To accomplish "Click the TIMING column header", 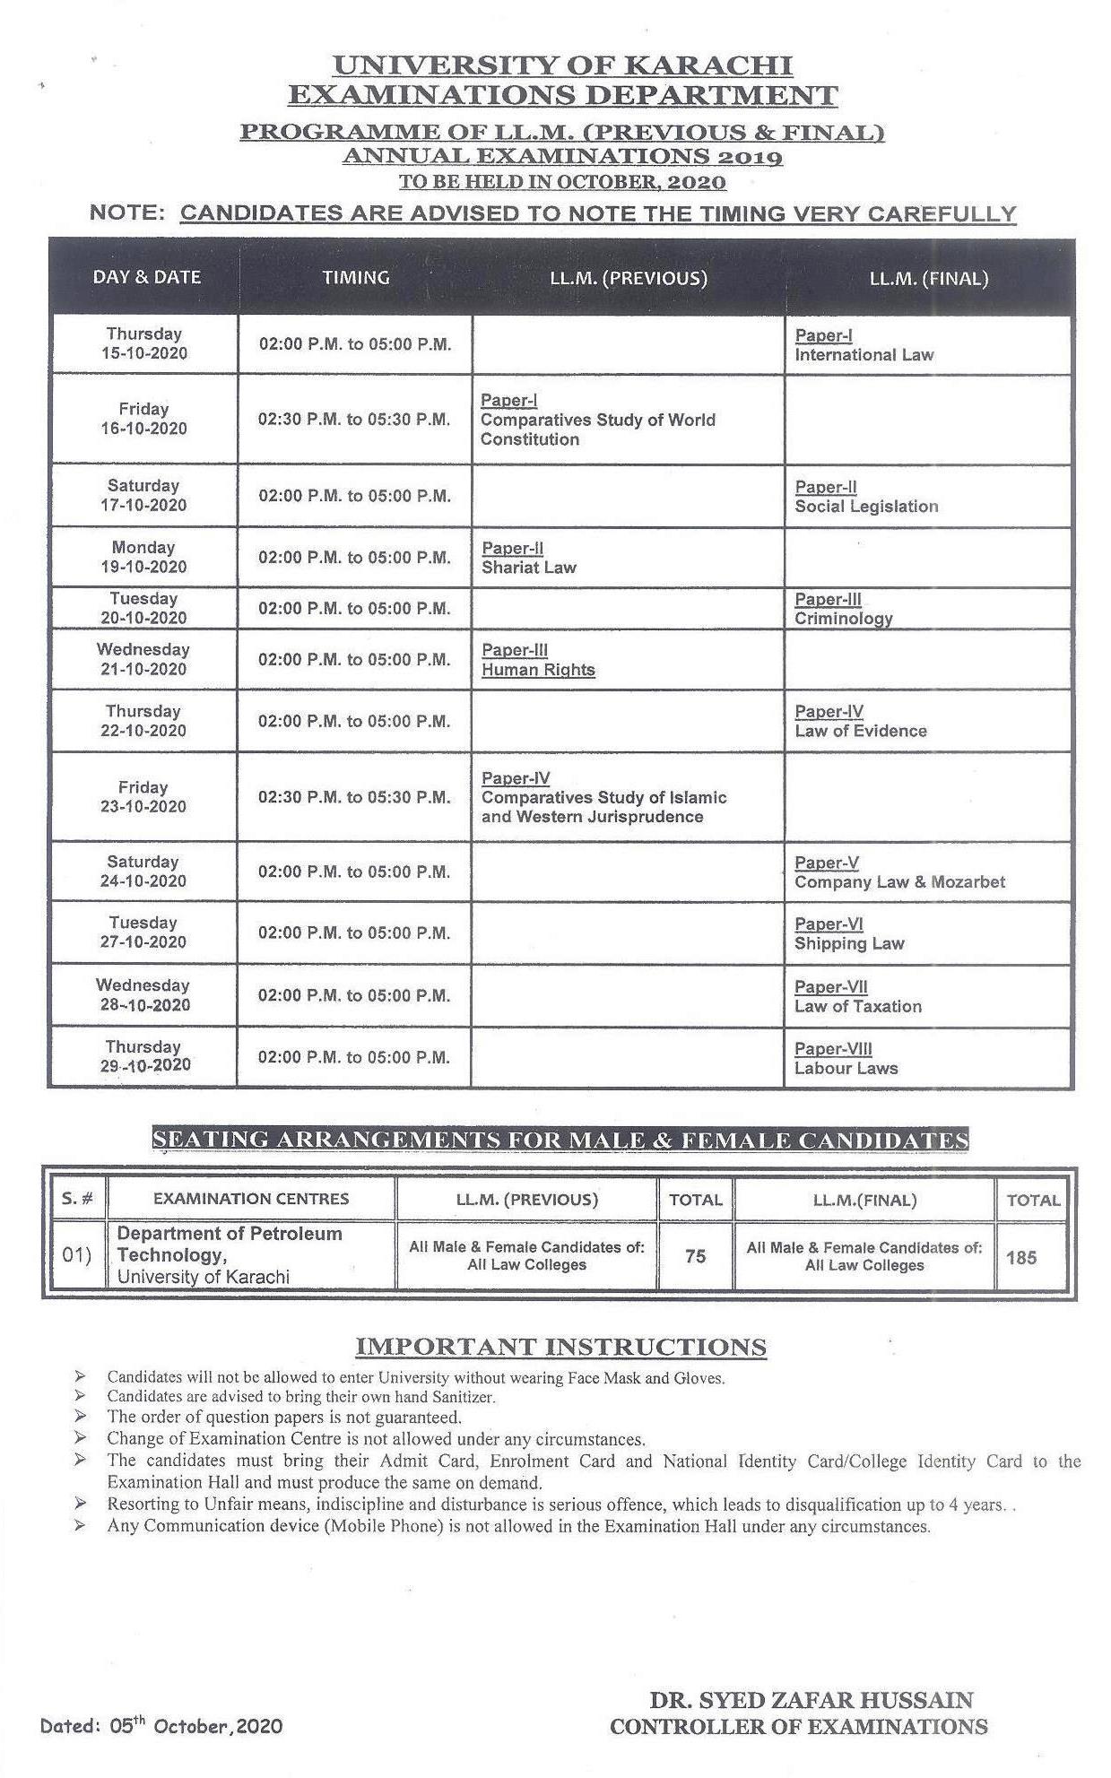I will point(356,277).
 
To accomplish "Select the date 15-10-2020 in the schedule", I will point(144,353).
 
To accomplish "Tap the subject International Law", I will point(864,355).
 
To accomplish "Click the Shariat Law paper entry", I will point(529,568).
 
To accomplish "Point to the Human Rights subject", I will point(538,670).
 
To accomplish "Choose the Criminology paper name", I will point(843,619).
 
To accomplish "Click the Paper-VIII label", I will point(833,1049).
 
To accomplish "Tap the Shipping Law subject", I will point(849,944).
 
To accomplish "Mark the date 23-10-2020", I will point(143,807).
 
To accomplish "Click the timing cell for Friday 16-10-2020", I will point(354,419).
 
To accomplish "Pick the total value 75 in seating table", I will point(695,1256).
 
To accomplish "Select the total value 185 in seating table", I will point(1020,1257).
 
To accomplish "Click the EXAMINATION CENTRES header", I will point(251,1199).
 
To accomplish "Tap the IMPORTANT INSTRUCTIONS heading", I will point(560,1347).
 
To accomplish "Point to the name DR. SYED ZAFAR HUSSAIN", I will point(811,1700).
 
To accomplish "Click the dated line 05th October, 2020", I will point(161,1726).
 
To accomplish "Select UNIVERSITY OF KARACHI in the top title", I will point(562,65).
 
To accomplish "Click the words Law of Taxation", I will point(857,1007).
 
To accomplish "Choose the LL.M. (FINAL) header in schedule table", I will point(928,278).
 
